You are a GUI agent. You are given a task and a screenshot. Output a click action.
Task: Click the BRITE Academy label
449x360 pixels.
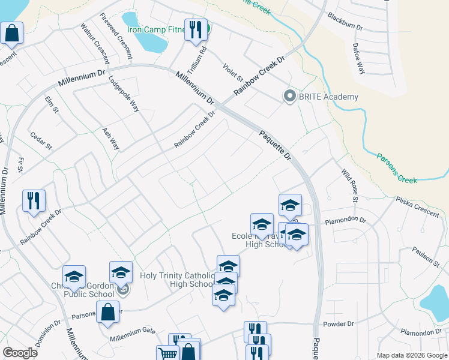(x=328, y=97)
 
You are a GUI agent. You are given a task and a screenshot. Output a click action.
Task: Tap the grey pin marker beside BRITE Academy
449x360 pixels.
(x=289, y=97)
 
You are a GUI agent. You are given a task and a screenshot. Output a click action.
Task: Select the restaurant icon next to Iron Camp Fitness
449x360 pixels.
(x=194, y=31)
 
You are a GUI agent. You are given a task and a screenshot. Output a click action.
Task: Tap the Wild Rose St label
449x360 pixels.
(x=349, y=185)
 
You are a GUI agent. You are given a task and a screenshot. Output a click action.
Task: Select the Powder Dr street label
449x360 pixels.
(x=340, y=324)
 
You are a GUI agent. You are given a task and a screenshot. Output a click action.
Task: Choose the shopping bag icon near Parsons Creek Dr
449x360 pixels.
(x=107, y=312)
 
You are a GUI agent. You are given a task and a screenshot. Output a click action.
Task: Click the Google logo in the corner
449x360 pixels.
(x=20, y=352)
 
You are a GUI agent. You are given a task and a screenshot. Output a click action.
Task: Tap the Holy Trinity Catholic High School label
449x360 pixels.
(x=176, y=280)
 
